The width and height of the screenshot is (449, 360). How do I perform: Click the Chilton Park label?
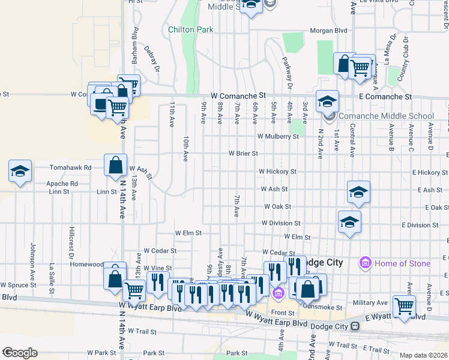190,29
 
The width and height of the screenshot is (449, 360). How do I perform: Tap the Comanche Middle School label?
386,116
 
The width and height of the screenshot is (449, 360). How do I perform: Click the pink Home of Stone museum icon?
364,263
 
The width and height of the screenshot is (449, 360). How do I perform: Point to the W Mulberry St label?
278,137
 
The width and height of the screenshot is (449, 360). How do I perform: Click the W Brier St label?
243,154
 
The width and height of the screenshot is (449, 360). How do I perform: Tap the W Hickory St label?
277,172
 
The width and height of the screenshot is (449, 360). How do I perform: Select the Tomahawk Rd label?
71,168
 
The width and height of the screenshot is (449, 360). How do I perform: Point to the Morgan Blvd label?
328,31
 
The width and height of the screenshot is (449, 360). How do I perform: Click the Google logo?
19,353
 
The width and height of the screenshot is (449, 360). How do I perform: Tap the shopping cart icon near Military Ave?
404,306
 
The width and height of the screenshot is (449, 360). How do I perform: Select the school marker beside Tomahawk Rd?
20,171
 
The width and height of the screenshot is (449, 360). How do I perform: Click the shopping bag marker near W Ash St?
115,166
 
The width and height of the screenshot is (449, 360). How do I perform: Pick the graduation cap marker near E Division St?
349,223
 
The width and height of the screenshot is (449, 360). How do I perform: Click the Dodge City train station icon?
355,326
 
